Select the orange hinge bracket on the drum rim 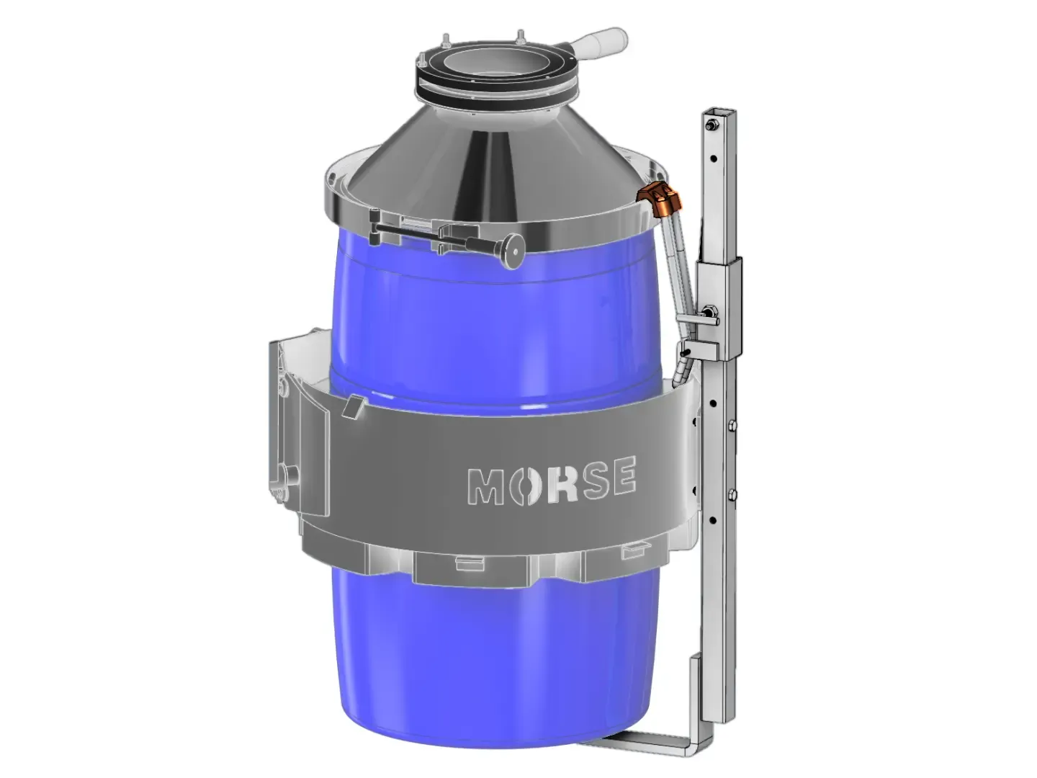(x=657, y=196)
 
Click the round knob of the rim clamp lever (x=514, y=253)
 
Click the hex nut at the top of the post (x=711, y=126)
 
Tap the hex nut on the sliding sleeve (x=709, y=311)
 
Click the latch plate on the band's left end (x=282, y=425)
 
